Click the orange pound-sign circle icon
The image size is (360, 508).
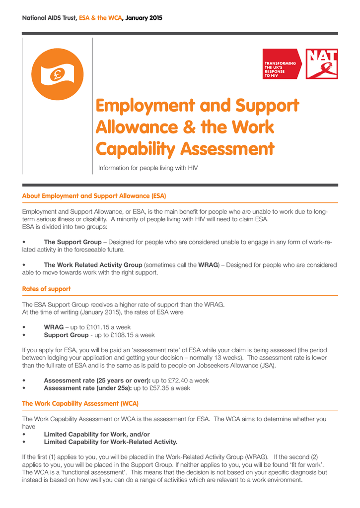click(x=57, y=75)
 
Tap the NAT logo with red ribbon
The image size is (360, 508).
click(x=322, y=64)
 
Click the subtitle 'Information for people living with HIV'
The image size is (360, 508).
click(x=148, y=168)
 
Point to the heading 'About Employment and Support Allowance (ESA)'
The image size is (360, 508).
click(x=94, y=196)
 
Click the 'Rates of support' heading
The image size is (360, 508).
click(x=46, y=289)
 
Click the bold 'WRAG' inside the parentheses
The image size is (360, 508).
click(x=208, y=265)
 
